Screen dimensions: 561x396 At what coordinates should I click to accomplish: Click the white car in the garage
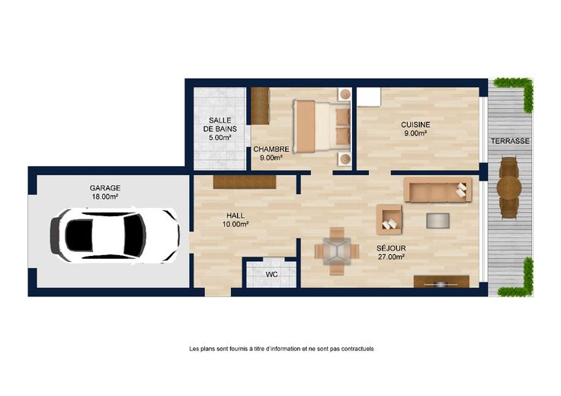point(115,235)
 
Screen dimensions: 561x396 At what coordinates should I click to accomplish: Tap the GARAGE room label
point(105,188)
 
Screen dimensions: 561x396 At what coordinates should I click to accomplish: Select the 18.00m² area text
point(105,196)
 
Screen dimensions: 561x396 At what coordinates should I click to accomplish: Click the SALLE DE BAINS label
point(220,124)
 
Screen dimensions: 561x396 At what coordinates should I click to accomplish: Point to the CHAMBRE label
point(271,149)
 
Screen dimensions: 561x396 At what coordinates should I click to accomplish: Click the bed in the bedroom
point(322,126)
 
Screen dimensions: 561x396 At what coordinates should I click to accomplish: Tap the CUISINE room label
point(415,125)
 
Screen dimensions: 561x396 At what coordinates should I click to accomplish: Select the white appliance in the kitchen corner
point(368,97)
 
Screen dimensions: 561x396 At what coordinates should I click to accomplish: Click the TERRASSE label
point(510,141)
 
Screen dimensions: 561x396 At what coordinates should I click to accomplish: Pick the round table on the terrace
point(509,187)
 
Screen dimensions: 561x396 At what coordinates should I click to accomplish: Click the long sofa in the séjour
point(438,190)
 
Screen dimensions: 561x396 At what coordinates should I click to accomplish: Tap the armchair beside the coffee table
point(389,219)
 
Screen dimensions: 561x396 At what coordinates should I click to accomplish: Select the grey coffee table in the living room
point(438,221)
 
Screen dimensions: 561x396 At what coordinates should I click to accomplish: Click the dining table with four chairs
point(337,251)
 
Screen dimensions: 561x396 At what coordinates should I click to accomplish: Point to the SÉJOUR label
point(391,248)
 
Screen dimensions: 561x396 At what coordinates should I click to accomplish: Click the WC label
point(272,274)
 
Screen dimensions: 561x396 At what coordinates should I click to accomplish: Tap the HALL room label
point(236,216)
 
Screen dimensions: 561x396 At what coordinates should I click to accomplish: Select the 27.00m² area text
point(391,257)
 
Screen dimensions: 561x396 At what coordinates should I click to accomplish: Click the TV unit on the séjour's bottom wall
point(441,282)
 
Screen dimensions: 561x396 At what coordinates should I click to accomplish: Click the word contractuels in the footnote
point(357,349)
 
